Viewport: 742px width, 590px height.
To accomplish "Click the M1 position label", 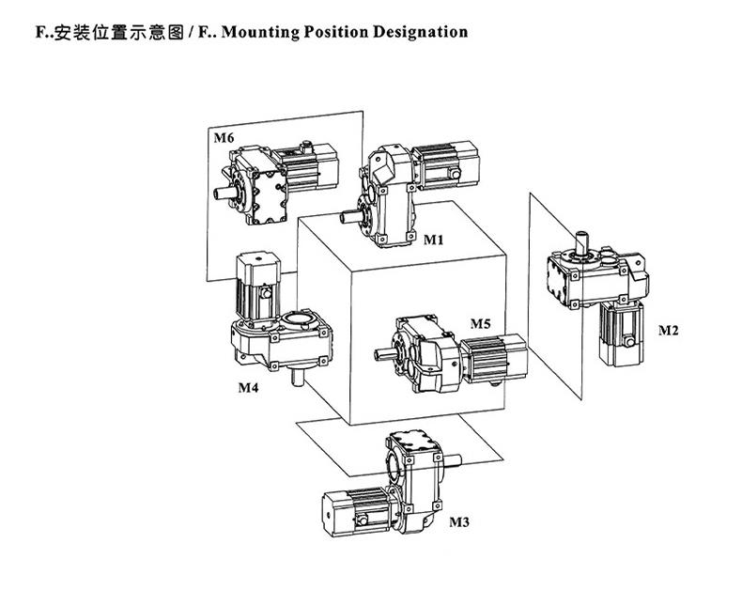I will [432, 240].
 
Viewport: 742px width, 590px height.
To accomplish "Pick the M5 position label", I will [480, 324].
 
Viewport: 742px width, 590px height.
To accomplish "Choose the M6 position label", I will [224, 138].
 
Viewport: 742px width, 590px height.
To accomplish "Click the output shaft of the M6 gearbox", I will [224, 194].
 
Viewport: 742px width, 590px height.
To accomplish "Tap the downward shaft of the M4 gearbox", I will [299, 378].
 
